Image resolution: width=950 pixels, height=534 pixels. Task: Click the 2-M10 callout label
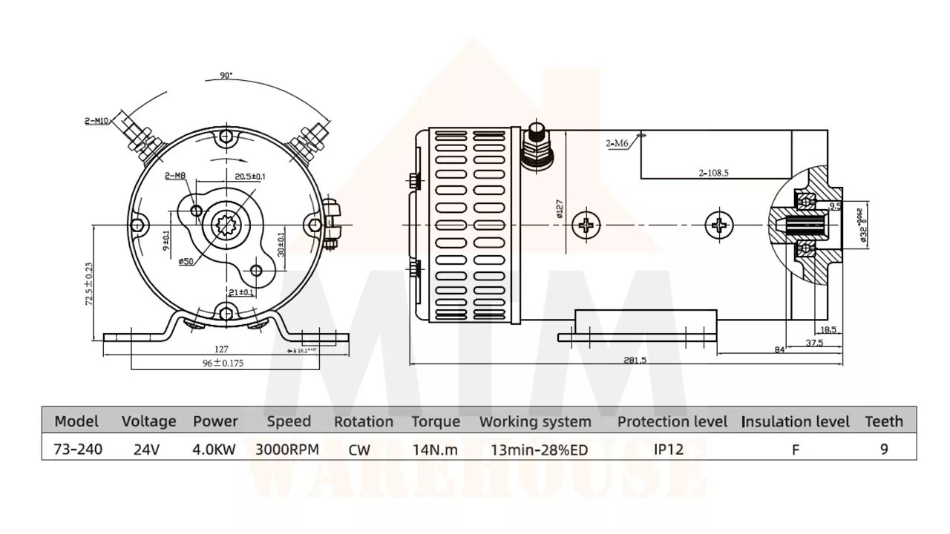pos(96,120)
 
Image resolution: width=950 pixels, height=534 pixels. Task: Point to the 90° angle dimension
pos(226,76)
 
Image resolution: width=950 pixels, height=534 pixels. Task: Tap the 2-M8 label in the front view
pos(175,176)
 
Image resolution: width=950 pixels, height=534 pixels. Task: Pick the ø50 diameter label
pos(186,261)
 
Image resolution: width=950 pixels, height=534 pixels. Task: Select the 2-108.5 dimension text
pos(713,172)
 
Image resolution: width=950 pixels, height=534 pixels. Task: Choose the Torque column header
pos(436,422)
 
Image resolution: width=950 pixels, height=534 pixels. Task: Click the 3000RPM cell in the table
pos(287,449)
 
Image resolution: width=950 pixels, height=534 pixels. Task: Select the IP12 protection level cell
pos(669,449)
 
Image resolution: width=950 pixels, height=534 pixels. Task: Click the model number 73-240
pos(78,449)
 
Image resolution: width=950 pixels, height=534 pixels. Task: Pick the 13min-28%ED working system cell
pos(534,449)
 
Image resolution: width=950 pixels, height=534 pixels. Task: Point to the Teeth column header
pos(884,422)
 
